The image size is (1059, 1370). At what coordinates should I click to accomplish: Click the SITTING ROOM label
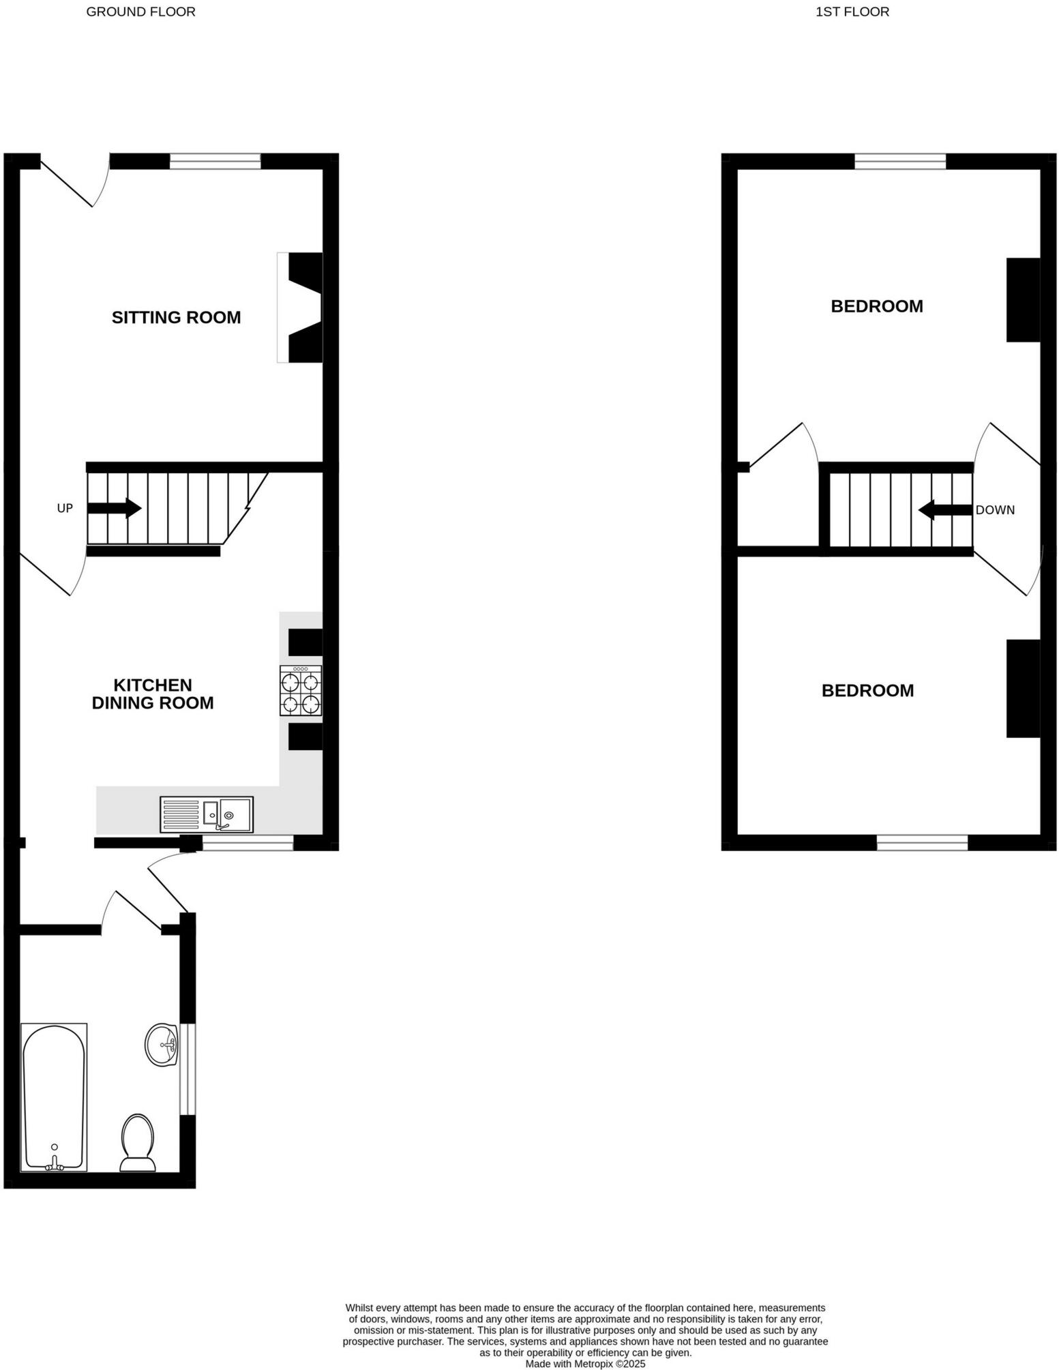(176, 317)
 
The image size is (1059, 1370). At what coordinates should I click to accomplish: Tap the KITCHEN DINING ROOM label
(153, 694)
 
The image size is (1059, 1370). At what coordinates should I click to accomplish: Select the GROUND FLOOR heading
(140, 12)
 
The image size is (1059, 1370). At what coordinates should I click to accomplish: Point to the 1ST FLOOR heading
(852, 12)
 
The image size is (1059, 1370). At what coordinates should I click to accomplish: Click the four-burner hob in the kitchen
(301, 691)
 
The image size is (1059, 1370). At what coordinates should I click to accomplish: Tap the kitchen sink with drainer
(207, 814)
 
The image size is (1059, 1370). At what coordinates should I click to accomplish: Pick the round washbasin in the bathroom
(162, 1044)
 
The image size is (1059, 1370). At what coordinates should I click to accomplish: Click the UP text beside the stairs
(65, 508)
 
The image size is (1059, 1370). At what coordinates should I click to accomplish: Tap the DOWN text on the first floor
(995, 509)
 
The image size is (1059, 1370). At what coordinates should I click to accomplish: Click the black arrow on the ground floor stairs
(114, 508)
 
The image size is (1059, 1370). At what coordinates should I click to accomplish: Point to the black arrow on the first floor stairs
(945, 509)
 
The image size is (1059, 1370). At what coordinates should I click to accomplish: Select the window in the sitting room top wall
(215, 162)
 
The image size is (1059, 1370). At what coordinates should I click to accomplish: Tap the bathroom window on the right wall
(188, 1069)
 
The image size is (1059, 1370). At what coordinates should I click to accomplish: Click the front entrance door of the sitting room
(74, 181)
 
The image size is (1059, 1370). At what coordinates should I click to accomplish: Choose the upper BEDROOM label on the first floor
(876, 306)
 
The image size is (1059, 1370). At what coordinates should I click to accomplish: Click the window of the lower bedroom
(922, 842)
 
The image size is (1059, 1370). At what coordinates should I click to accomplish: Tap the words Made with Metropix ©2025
(585, 1363)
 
